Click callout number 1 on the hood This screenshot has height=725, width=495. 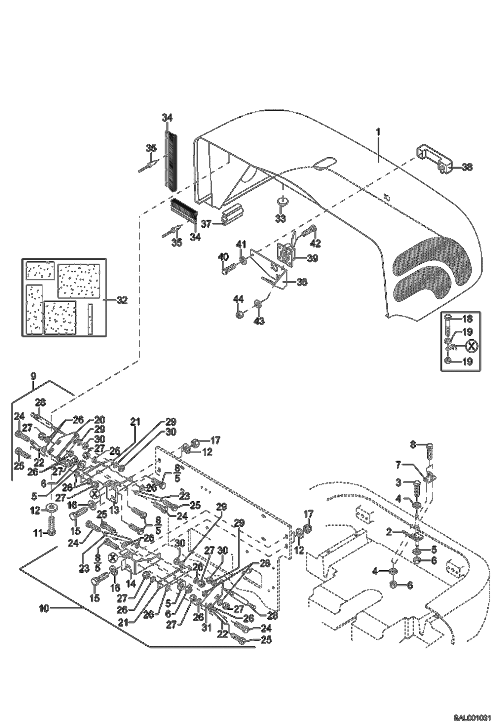click(x=378, y=132)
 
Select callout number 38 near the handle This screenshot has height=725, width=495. click(x=467, y=167)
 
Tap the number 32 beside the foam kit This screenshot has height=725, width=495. click(x=122, y=300)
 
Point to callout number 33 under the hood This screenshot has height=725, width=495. click(x=281, y=218)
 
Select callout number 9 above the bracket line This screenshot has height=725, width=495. click(x=33, y=376)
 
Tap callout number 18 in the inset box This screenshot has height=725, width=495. click(x=467, y=319)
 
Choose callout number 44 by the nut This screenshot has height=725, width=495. click(x=238, y=299)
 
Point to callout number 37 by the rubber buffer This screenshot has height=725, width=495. click(x=206, y=224)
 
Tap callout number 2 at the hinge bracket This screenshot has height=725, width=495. click(x=389, y=532)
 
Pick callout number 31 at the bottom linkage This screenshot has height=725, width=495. click(x=207, y=627)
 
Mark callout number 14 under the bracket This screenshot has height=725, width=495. click(x=131, y=584)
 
